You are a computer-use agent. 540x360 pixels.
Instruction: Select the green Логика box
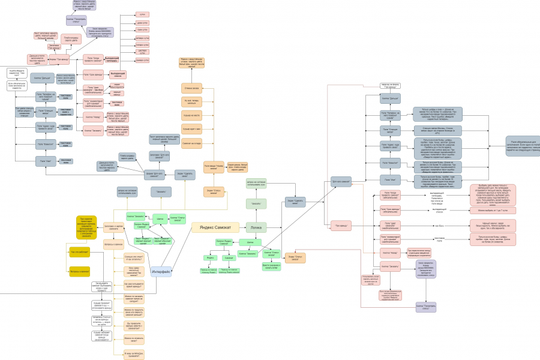pyautogui.click(x=256, y=227)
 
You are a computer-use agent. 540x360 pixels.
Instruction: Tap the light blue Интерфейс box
pyautogui.click(x=161, y=272)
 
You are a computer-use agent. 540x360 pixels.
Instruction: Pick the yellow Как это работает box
pyautogui.click(x=79, y=252)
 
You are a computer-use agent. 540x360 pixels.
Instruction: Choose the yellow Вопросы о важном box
pyautogui.click(x=79, y=272)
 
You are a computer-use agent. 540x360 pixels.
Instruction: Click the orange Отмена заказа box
pyautogui.click(x=191, y=89)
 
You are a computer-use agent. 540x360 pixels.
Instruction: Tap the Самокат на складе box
pyautogui.click(x=191, y=143)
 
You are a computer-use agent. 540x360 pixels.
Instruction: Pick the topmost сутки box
pyautogui.click(x=142, y=14)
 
